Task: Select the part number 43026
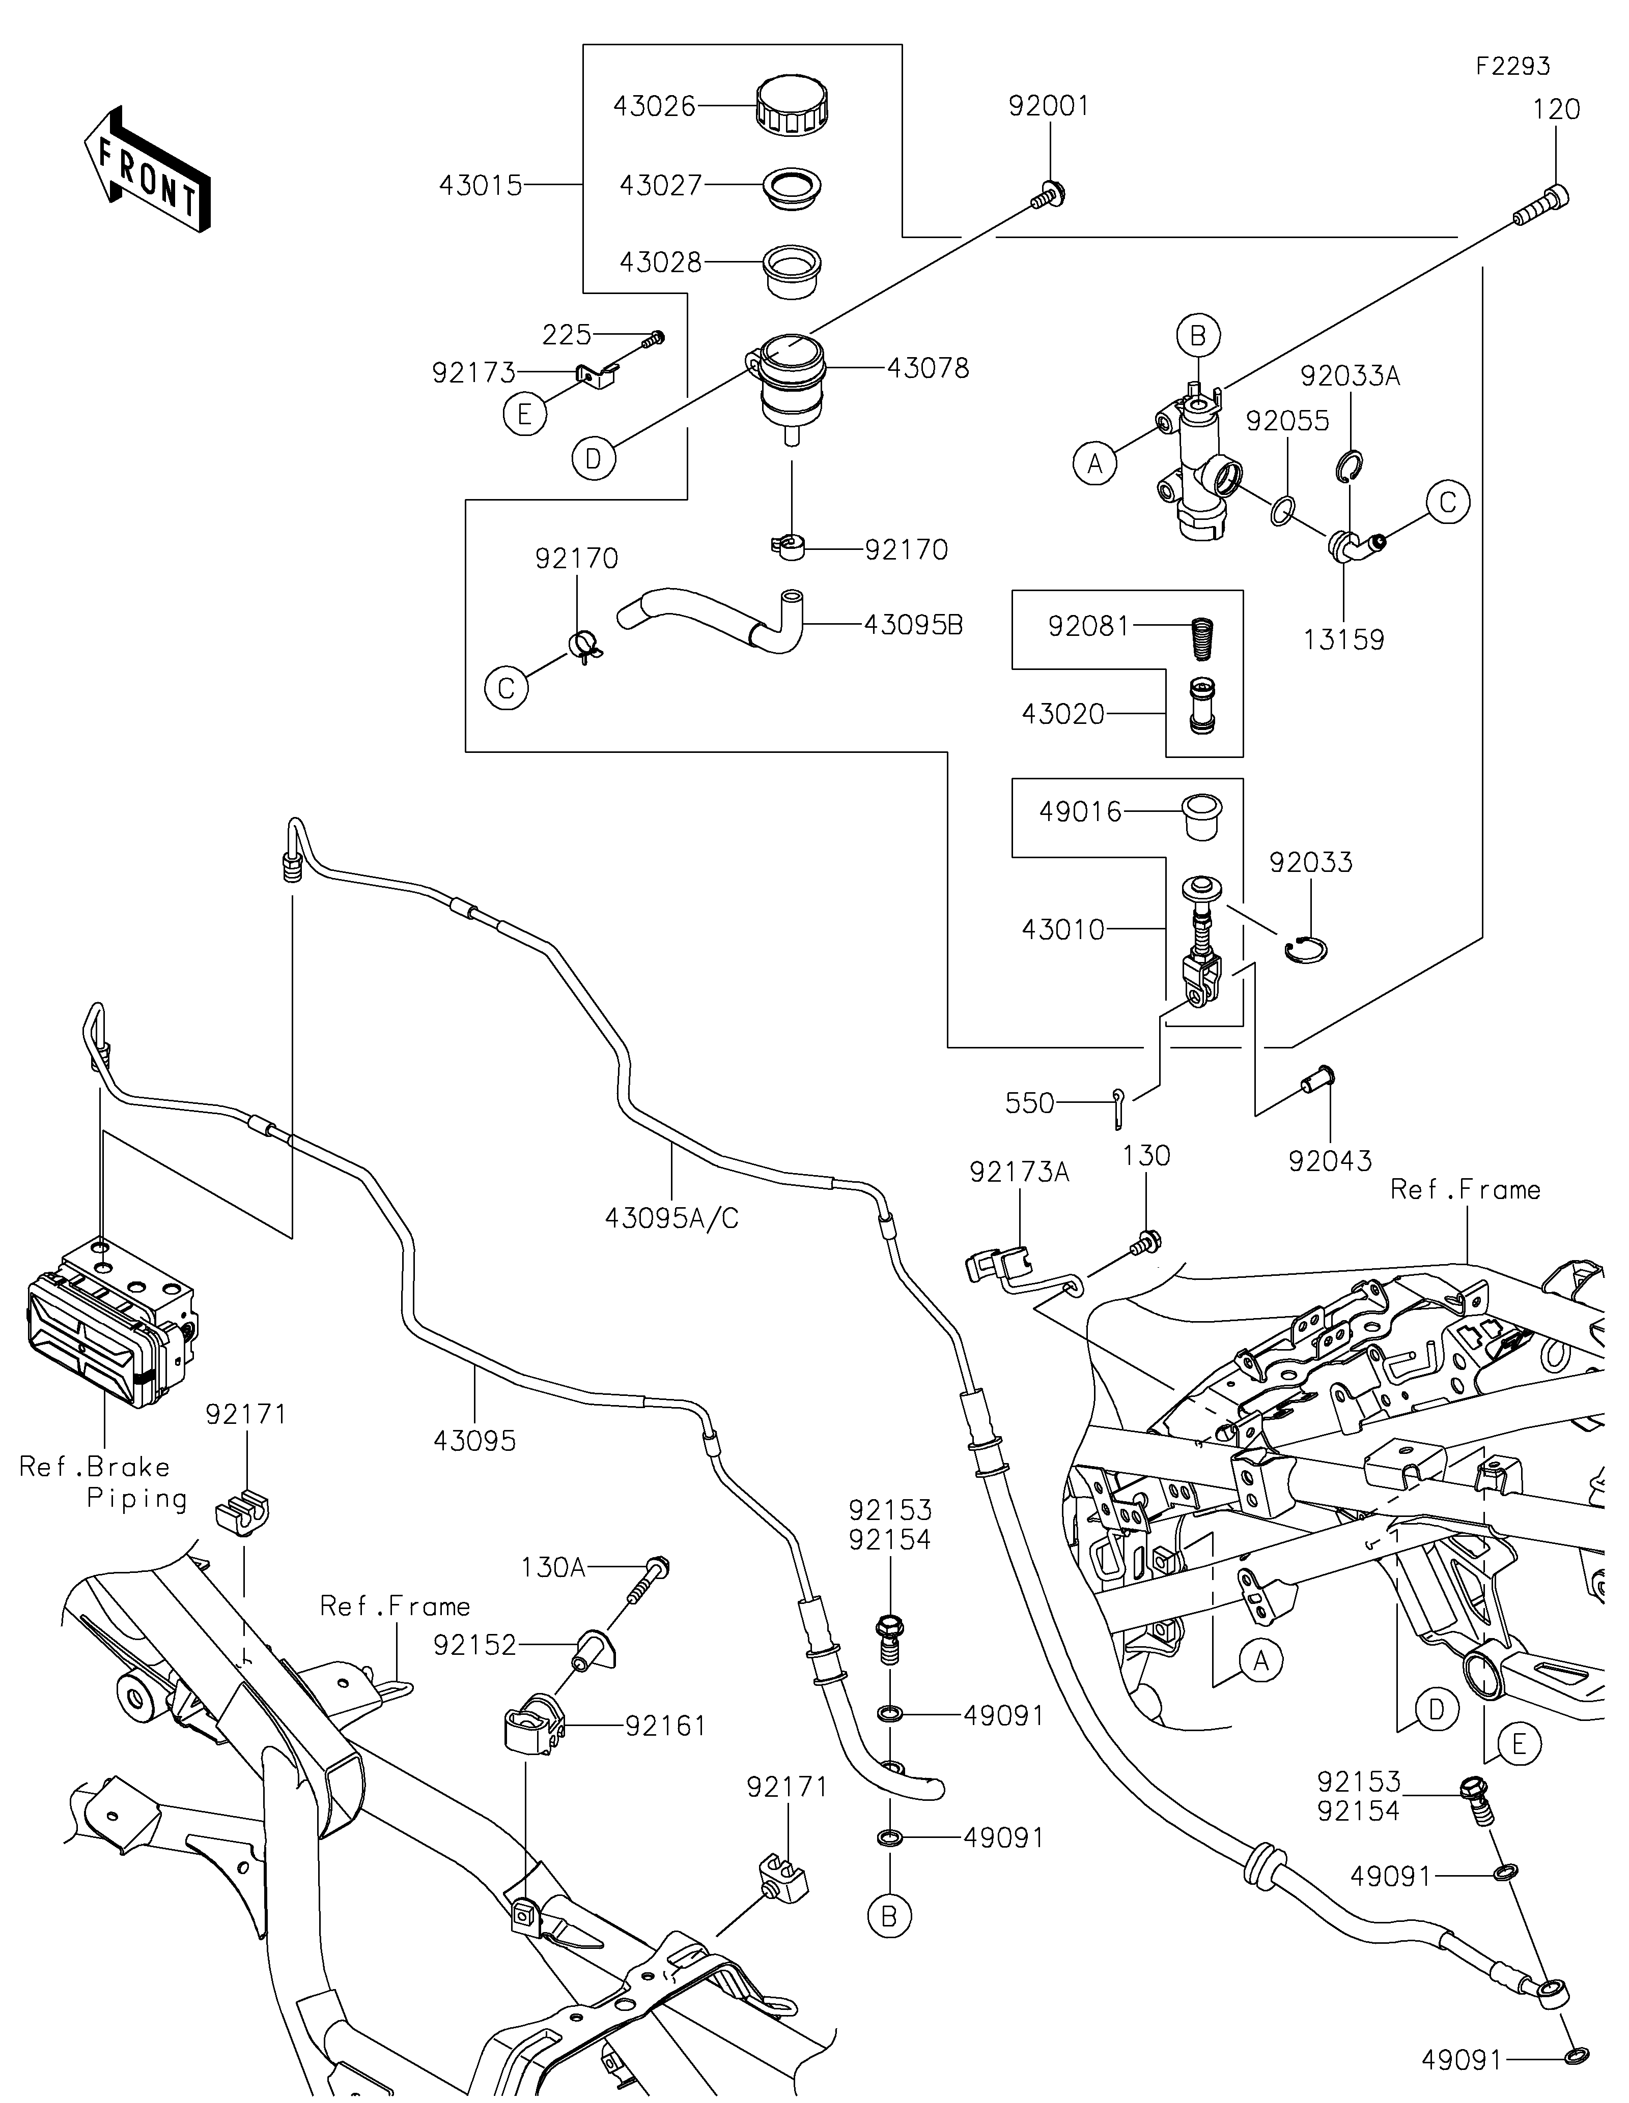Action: [654, 106]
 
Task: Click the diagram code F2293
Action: [1512, 67]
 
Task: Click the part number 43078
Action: [928, 368]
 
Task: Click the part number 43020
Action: [1062, 714]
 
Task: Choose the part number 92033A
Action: [1350, 375]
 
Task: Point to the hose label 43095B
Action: [913, 625]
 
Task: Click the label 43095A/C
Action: [671, 1218]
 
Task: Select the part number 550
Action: [1030, 1103]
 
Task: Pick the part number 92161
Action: [666, 1726]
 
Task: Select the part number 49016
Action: [1080, 812]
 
